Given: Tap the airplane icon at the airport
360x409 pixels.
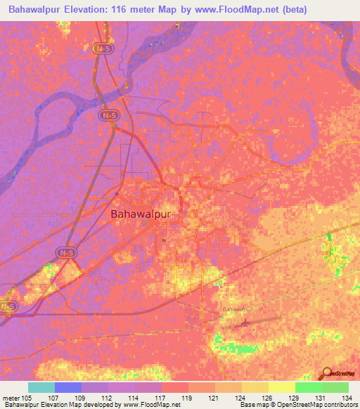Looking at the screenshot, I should click(244, 323).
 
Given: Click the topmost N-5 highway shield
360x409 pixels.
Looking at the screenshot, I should click(103, 48).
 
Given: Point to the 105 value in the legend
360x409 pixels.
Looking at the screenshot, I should click(28, 398).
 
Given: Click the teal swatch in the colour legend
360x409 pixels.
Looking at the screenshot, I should click(41, 387).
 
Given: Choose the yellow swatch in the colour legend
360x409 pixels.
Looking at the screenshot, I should click(281, 387).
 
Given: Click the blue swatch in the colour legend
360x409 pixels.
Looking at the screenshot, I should click(68, 387).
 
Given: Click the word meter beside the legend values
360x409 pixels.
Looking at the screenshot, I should click(11, 398).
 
